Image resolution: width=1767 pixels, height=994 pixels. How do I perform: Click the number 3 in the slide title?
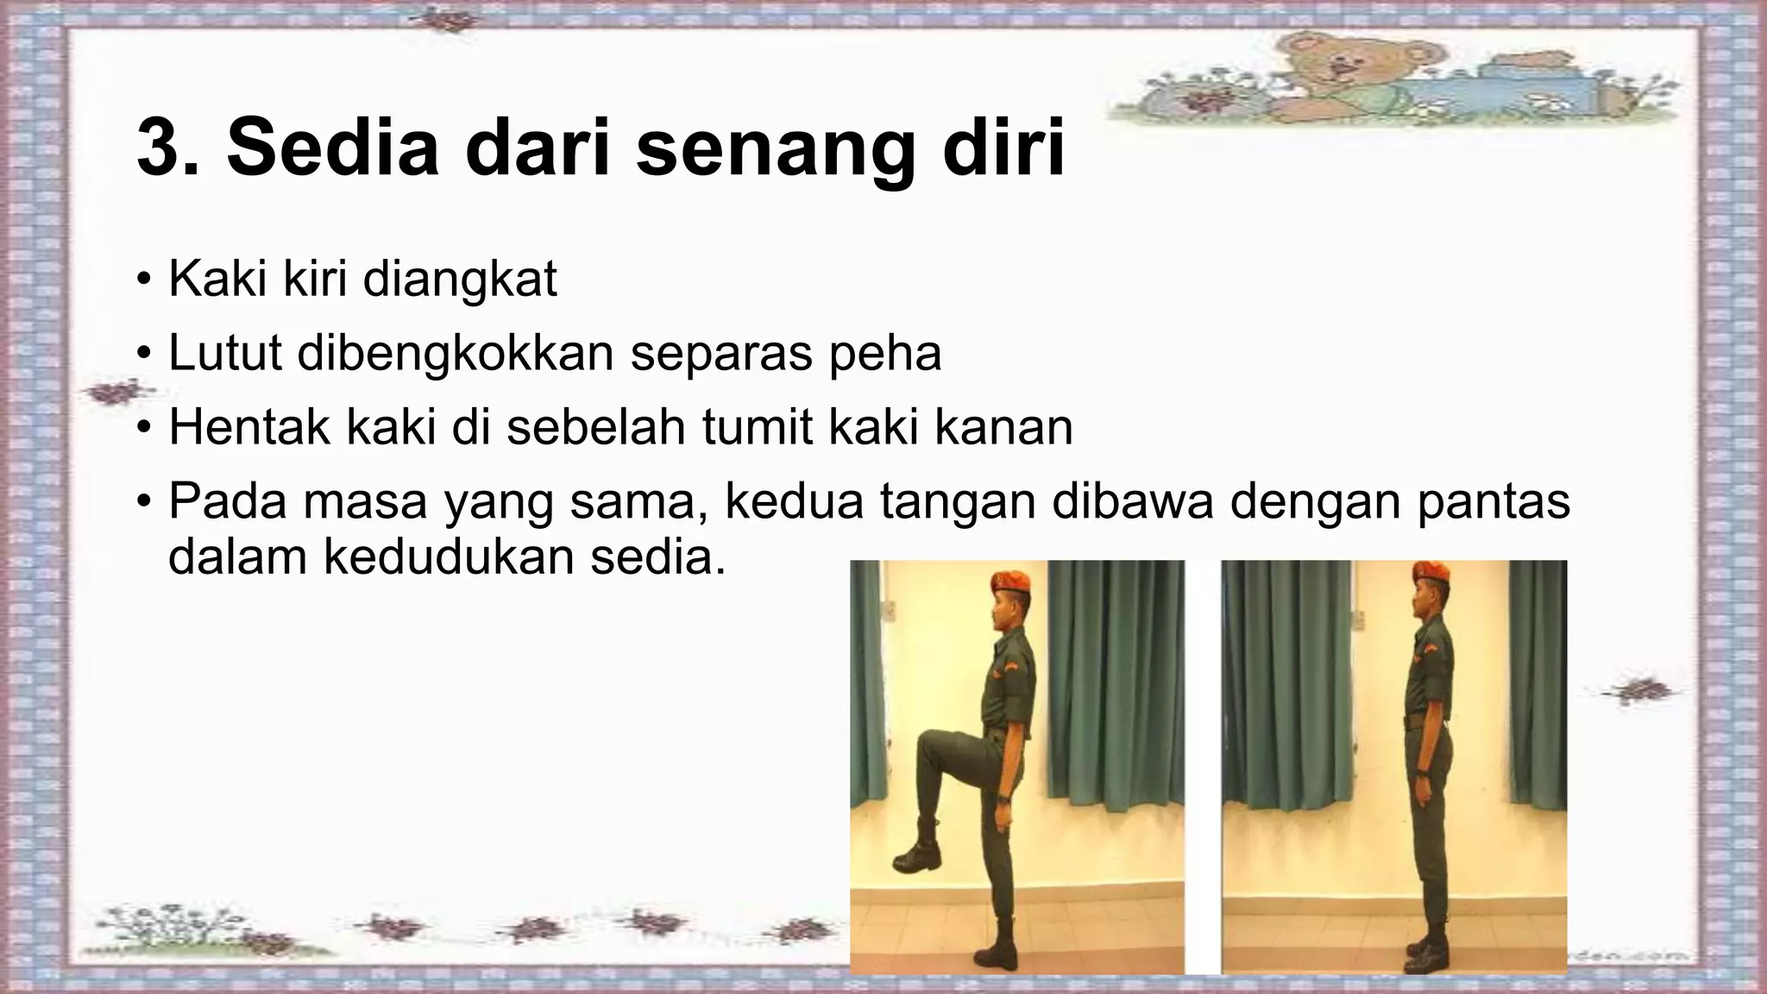click(x=162, y=150)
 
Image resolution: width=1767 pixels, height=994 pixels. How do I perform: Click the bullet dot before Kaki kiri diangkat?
click(x=144, y=281)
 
